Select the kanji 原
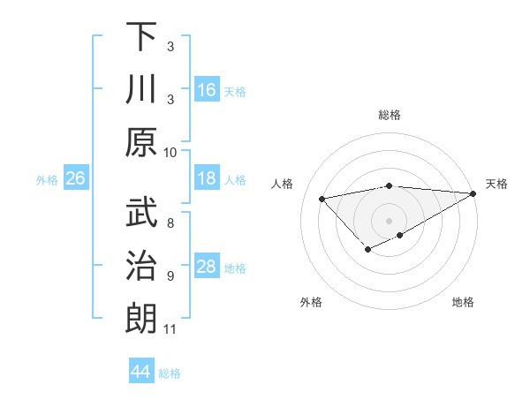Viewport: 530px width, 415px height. pos(141,142)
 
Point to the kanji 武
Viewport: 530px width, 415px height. pos(141,213)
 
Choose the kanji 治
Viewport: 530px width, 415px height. pos(141,266)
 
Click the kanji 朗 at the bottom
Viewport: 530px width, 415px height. pos(141,319)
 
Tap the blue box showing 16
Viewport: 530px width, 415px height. pos(207,89)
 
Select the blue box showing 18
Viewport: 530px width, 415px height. pos(207,178)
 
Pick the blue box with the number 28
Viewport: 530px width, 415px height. pos(207,267)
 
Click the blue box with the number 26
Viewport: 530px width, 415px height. pos(75,178)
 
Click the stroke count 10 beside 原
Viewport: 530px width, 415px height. pos(170,152)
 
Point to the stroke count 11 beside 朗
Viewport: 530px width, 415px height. pos(170,329)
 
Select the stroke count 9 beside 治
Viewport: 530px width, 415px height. pos(170,276)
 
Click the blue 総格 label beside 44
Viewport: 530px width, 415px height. pos(170,373)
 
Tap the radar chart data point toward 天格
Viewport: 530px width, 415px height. pos(474,195)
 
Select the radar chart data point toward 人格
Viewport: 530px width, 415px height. pos(322,198)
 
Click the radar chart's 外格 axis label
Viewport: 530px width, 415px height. pos(311,302)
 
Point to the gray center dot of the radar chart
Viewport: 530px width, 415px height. pos(389,220)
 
